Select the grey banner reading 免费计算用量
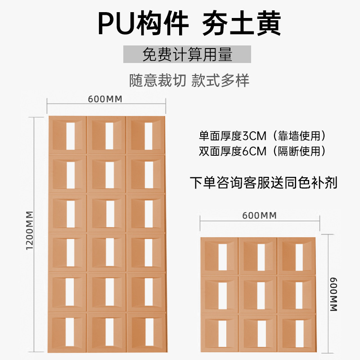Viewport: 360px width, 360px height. tap(187, 54)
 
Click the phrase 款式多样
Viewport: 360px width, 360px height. tap(220, 81)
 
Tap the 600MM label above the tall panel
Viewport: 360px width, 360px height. tap(106, 99)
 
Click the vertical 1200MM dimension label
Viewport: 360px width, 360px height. tap(29, 234)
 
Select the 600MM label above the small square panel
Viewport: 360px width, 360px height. tap(259, 216)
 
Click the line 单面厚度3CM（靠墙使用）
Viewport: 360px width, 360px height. tap(262, 135)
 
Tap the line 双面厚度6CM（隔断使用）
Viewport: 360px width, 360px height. tap(262, 151)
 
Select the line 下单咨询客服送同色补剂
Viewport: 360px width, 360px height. tap(263, 183)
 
